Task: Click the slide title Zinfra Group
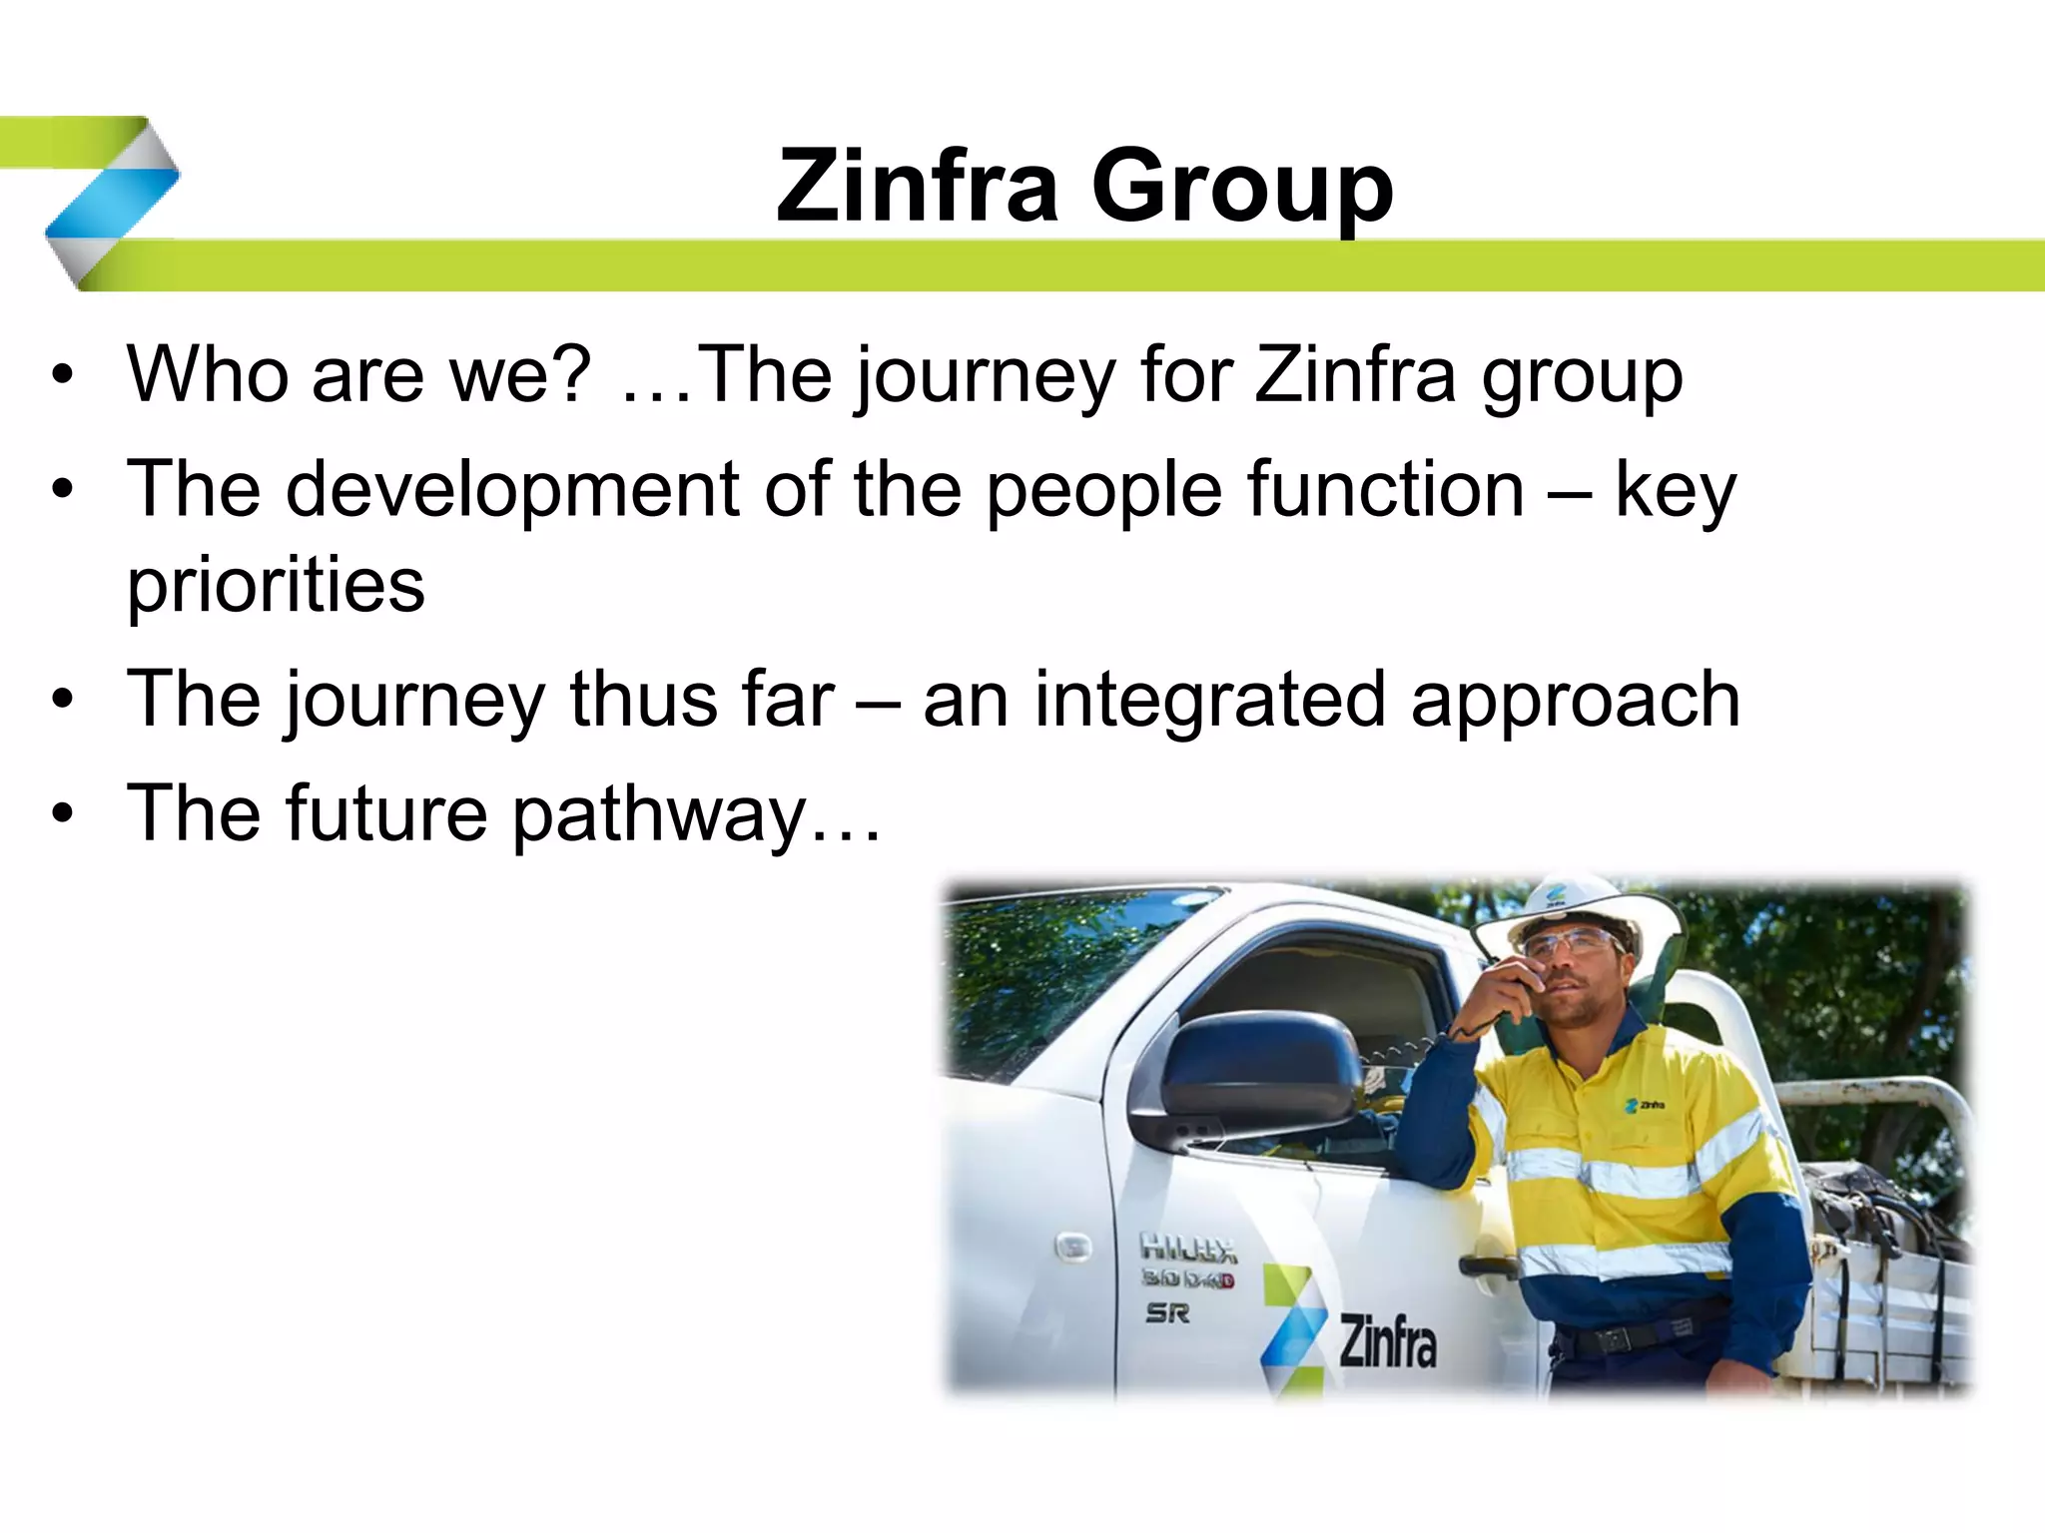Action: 1084,187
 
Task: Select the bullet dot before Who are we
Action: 64,377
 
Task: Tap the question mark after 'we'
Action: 572,373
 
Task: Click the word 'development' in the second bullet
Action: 512,489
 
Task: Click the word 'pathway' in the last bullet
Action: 659,814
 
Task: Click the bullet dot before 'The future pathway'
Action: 64,814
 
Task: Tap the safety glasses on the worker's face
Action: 1571,943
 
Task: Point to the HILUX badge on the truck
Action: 1187,1248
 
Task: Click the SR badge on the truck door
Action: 1167,1313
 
